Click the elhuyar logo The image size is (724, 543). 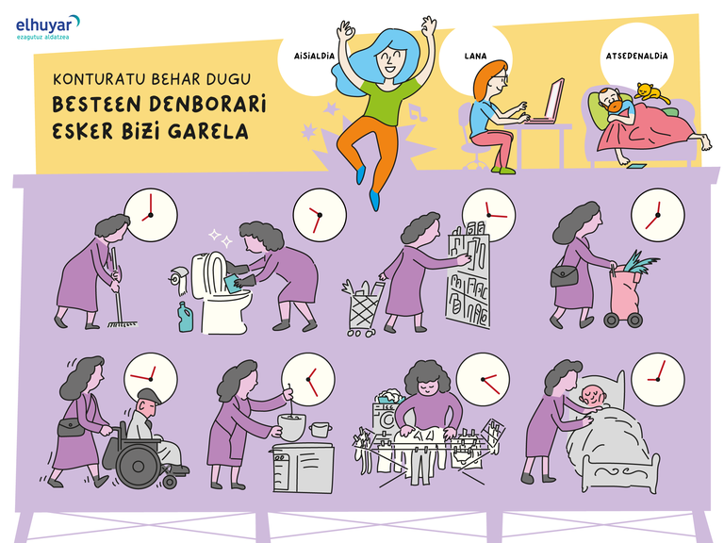[47, 26]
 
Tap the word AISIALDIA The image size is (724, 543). [314, 56]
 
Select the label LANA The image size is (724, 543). [475, 56]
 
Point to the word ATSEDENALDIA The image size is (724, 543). [636, 56]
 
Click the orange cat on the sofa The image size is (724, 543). [650, 92]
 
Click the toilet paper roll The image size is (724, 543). [180, 280]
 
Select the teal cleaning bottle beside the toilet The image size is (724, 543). [185, 317]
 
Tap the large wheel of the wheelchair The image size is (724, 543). [138, 466]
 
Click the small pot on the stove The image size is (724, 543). [321, 430]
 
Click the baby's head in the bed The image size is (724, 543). [593, 397]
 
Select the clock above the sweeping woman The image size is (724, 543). [151, 215]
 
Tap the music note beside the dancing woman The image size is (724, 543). [417, 112]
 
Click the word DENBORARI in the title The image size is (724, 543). [207, 105]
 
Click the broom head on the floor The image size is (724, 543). [122, 324]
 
